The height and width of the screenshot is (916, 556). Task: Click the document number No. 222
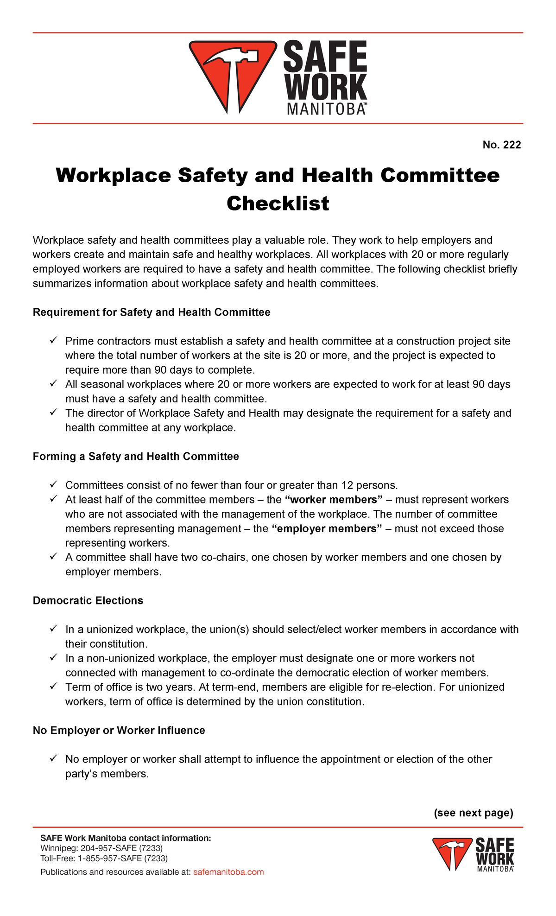click(x=501, y=145)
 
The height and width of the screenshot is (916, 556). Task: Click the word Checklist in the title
click(x=278, y=204)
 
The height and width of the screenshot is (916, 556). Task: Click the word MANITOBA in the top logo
click(x=326, y=109)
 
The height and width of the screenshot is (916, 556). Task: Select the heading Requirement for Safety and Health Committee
click(x=152, y=312)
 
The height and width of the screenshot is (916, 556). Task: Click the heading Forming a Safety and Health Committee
click(x=136, y=457)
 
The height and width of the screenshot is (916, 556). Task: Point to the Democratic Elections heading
click(x=88, y=601)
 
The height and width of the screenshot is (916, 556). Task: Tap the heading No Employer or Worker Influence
click(x=119, y=731)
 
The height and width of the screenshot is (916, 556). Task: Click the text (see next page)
click(x=473, y=813)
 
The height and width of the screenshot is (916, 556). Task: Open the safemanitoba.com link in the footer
click(x=228, y=872)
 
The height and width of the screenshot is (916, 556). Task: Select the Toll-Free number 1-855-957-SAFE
click(x=122, y=858)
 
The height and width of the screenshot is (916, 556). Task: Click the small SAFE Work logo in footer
click(x=473, y=854)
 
